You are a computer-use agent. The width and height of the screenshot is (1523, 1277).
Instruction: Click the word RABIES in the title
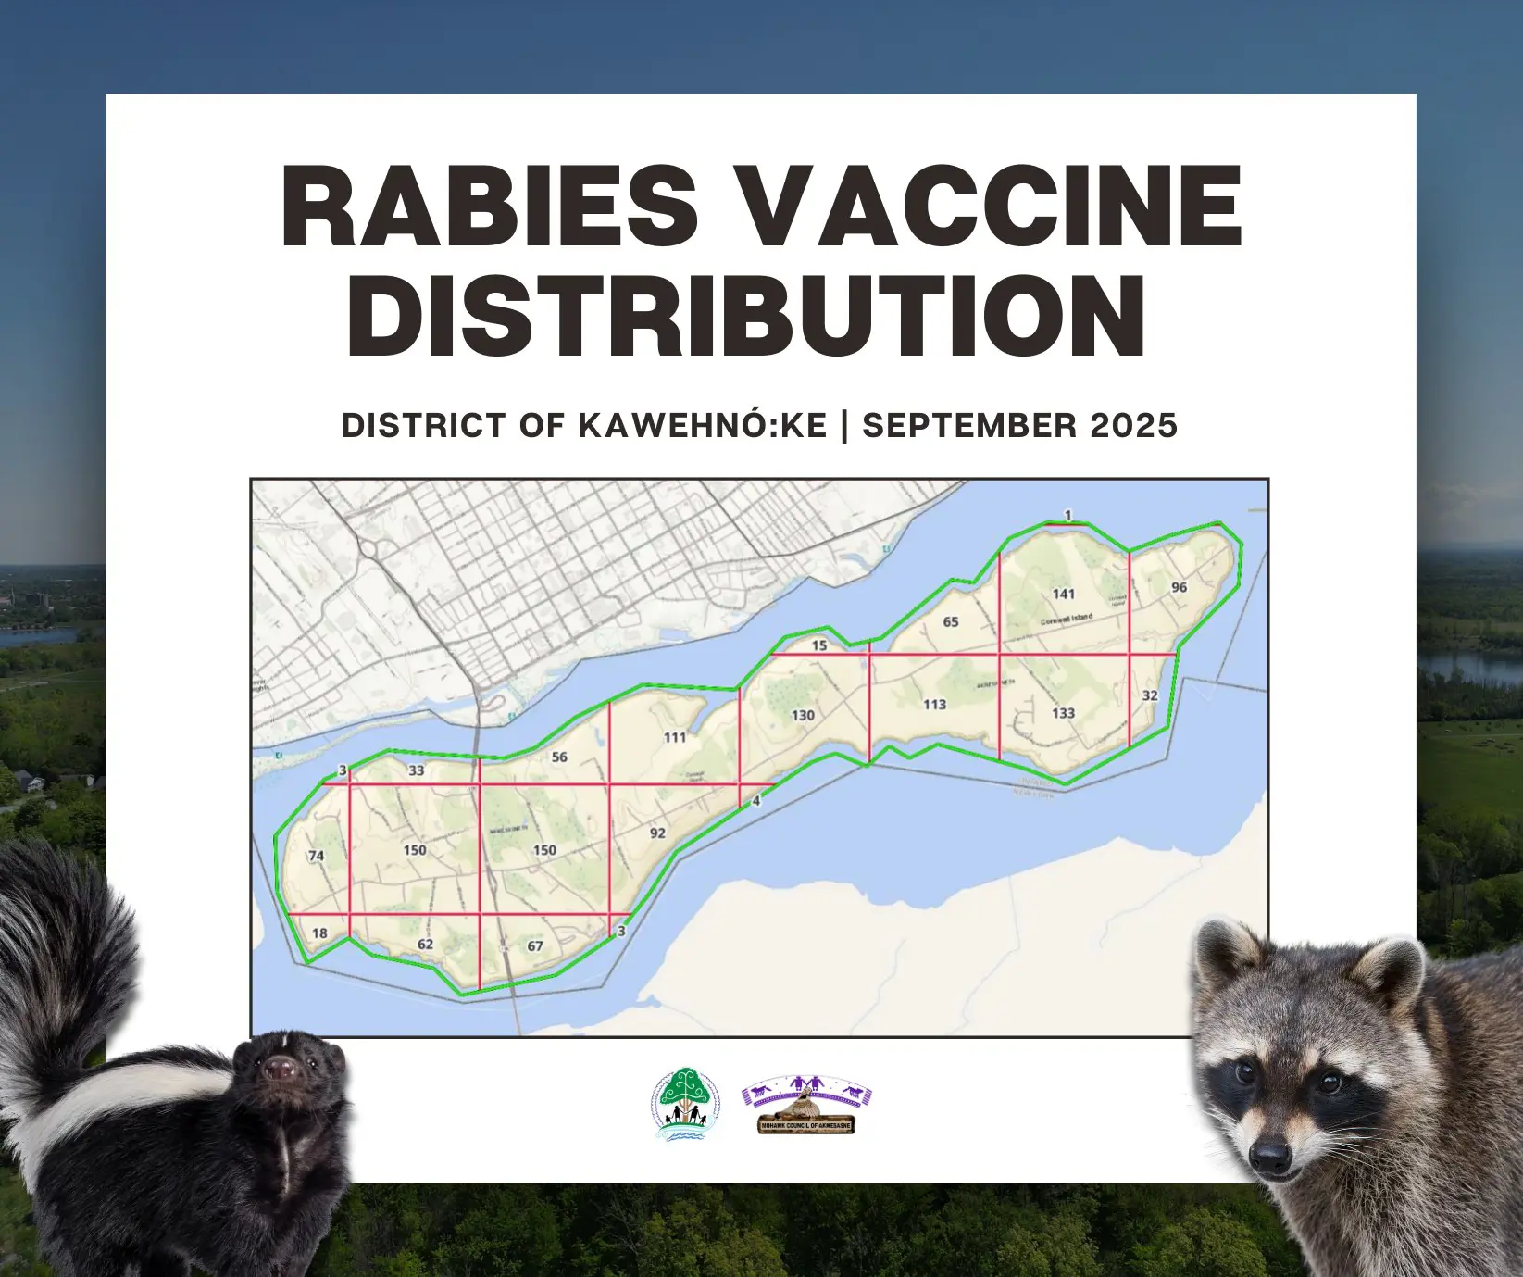click(491, 206)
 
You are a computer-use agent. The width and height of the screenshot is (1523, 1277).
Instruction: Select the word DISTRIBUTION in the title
click(746, 315)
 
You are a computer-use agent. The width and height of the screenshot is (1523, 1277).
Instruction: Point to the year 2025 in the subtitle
click(1133, 425)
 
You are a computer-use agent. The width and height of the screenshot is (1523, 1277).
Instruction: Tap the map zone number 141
click(1064, 594)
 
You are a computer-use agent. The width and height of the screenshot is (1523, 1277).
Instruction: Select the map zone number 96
click(1179, 587)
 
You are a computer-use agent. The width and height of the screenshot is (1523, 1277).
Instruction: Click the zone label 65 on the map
click(951, 621)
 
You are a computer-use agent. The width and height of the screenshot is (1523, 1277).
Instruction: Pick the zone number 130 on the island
click(803, 715)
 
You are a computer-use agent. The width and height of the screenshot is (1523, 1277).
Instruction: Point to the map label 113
click(934, 704)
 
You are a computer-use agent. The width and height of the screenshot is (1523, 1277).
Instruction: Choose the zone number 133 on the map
click(1063, 713)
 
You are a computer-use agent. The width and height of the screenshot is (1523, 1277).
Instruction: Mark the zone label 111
click(675, 737)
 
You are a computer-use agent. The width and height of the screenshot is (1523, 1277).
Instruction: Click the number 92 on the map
click(657, 833)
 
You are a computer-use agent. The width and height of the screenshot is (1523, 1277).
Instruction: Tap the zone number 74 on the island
click(317, 856)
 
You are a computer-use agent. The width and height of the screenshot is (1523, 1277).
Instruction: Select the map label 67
click(535, 945)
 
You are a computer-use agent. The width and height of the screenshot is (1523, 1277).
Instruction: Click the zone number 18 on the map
click(319, 933)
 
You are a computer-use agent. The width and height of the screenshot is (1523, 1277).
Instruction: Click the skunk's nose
click(277, 1071)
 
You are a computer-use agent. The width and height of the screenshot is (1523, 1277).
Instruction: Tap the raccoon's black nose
click(1269, 1156)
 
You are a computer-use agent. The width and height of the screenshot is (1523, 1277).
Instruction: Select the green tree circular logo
click(685, 1103)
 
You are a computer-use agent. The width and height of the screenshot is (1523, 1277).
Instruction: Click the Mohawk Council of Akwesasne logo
click(806, 1105)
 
